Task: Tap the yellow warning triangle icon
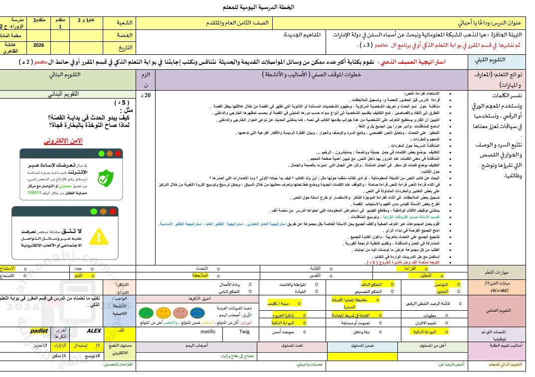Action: pos(99,236)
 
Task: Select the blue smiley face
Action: pos(198,312)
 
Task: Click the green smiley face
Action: pos(145,313)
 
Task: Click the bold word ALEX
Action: pos(93,330)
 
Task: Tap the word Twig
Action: pos(244,331)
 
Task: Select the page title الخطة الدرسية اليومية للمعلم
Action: pos(264,7)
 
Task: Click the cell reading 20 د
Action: pos(146,95)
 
